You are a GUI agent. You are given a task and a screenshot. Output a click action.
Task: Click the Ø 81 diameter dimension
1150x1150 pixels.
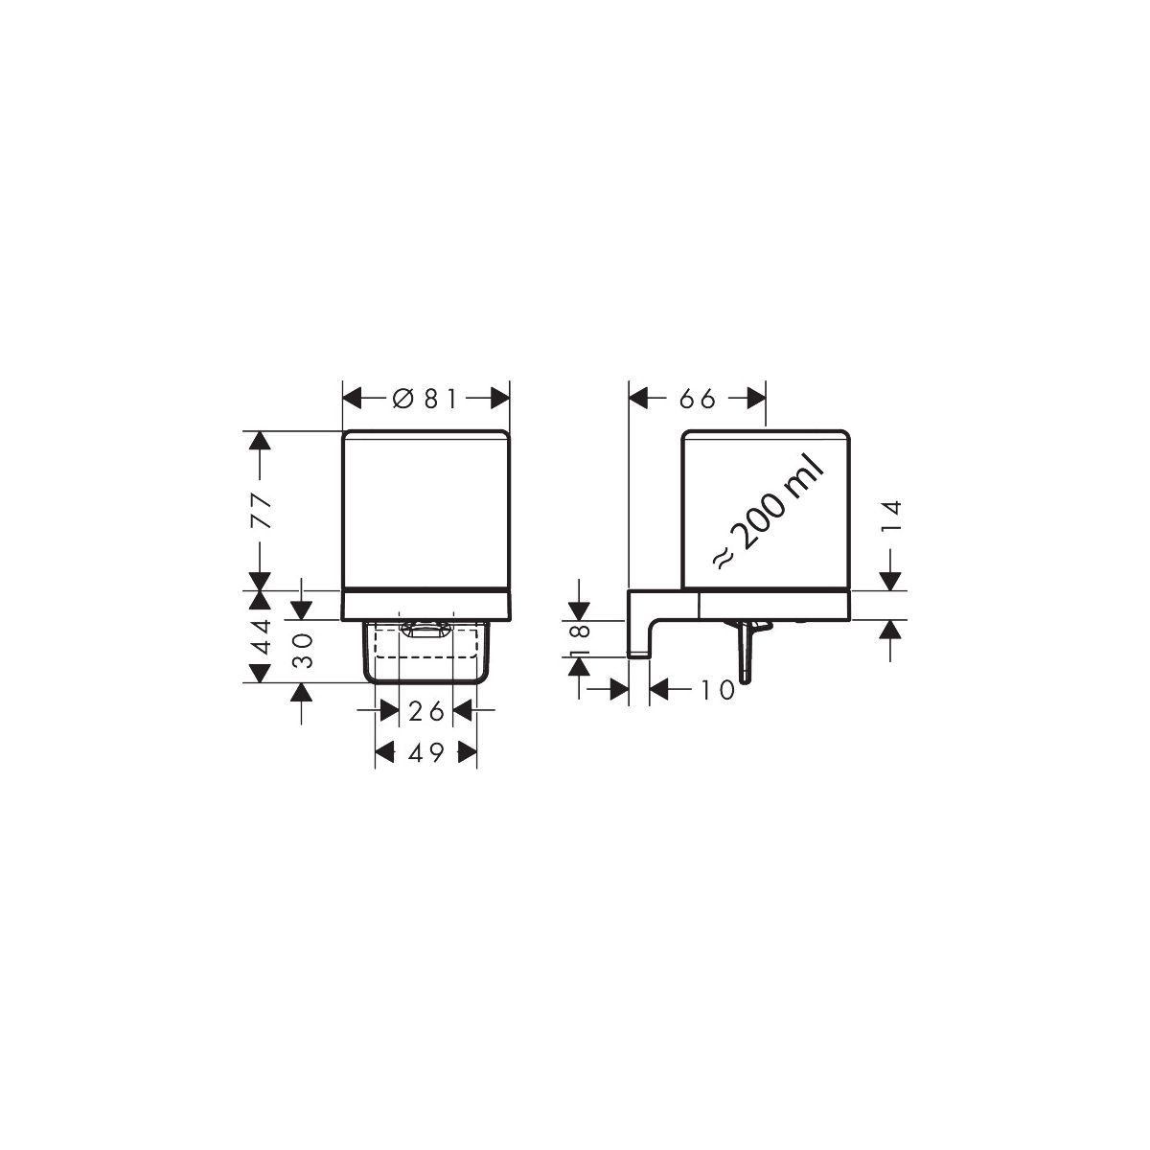[x=425, y=399]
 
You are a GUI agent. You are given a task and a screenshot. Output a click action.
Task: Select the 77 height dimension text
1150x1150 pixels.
[x=262, y=511]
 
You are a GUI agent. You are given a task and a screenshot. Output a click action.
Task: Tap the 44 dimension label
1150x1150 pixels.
[x=262, y=636]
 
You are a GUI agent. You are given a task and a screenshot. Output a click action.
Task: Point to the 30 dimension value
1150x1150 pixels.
[x=303, y=651]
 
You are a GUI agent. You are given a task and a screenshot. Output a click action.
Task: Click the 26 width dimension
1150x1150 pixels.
[x=425, y=711]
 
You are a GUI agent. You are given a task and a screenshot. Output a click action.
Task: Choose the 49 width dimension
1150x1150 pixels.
[x=425, y=753]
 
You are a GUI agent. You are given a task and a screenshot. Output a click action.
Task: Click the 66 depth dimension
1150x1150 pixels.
[x=697, y=399]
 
